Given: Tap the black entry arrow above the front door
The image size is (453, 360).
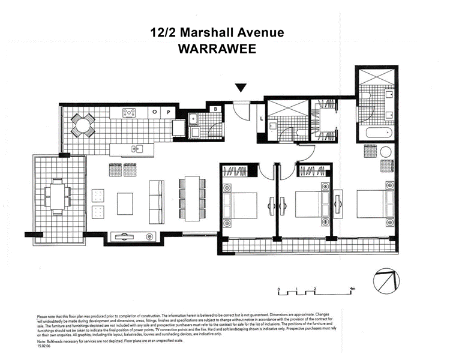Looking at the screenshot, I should [241, 88].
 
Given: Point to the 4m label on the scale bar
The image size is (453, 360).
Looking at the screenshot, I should [353, 289].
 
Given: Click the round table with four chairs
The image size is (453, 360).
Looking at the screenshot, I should [81, 125].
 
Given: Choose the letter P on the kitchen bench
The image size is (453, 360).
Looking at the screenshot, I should [169, 112].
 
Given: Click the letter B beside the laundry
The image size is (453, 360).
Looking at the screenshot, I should [215, 109].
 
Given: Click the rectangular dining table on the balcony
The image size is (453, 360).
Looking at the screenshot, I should [59, 195].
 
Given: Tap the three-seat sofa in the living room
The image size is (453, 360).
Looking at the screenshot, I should [157, 196].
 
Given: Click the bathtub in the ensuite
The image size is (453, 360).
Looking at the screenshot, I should [375, 131].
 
